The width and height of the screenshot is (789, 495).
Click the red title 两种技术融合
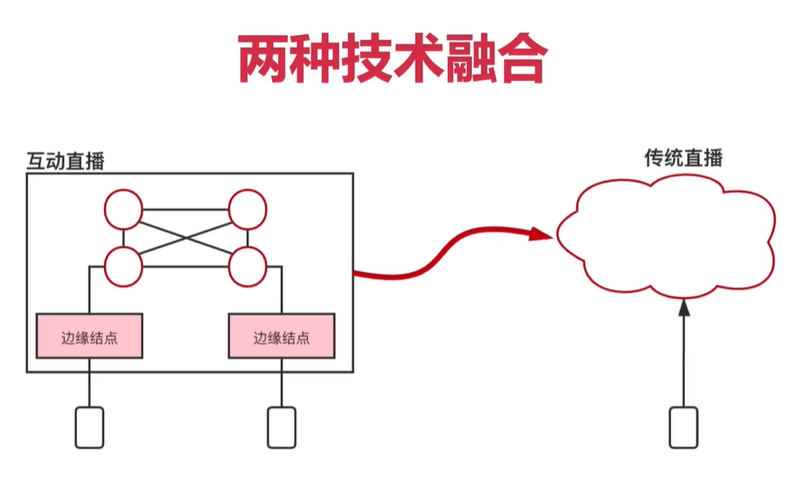tap(392, 58)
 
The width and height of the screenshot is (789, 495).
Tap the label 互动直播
tap(66, 161)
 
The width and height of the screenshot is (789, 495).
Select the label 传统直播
tap(683, 158)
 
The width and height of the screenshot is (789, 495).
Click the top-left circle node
tap(123, 209)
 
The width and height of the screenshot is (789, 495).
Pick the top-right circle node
tap(248, 209)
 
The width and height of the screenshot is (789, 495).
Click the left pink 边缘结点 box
tap(89, 336)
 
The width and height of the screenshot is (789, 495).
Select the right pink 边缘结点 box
tap(281, 337)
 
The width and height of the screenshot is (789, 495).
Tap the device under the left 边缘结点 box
tap(90, 427)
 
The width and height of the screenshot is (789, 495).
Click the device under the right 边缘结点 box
tap(281, 427)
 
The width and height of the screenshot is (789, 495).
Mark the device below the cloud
tap(683, 427)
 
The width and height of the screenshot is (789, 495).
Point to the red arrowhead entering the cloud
tap(541, 234)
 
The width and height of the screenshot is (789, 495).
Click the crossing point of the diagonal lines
tap(186, 238)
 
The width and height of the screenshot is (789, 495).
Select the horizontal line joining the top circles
tap(185, 211)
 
